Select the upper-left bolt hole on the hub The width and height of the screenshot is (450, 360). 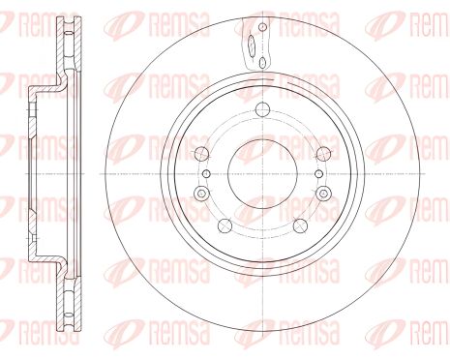point(201,155)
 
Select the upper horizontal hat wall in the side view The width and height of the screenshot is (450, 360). point(45,90)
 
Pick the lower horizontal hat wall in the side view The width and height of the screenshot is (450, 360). point(45,259)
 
